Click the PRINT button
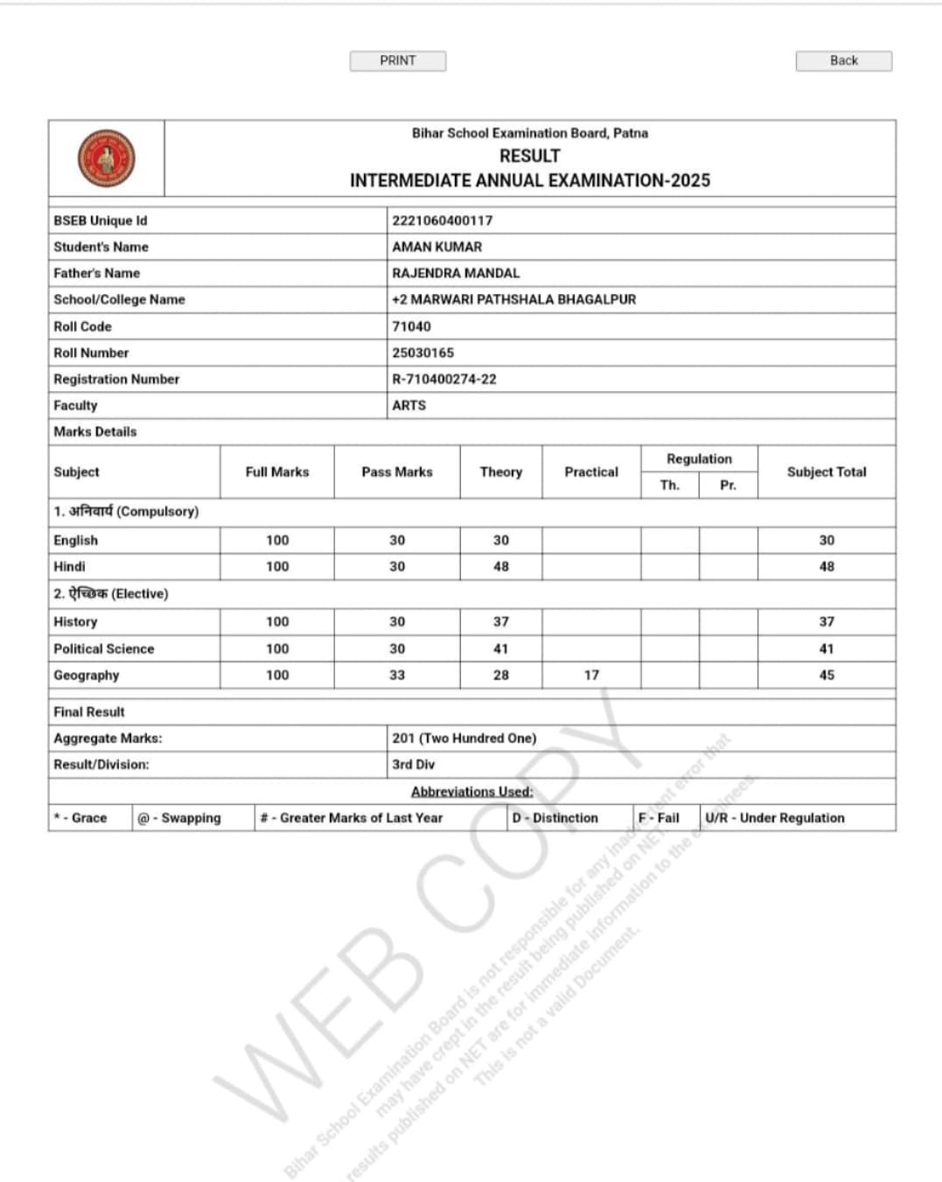[398, 60]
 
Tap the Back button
[843, 60]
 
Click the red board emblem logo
[107, 158]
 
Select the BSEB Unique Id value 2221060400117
[442, 220]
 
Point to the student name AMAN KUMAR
[436, 247]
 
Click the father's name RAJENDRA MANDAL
[456, 273]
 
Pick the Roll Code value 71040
[411, 326]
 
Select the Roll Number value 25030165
[422, 353]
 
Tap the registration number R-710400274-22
[443, 379]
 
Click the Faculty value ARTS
[408, 405]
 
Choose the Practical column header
[591, 472]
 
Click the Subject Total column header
[827, 472]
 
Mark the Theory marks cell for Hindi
[500, 566]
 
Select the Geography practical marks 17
[591, 675]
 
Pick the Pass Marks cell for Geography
[397, 675]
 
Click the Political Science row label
[103, 648]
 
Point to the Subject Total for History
[827, 621]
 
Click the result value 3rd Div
[413, 764]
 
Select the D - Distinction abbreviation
[555, 817]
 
